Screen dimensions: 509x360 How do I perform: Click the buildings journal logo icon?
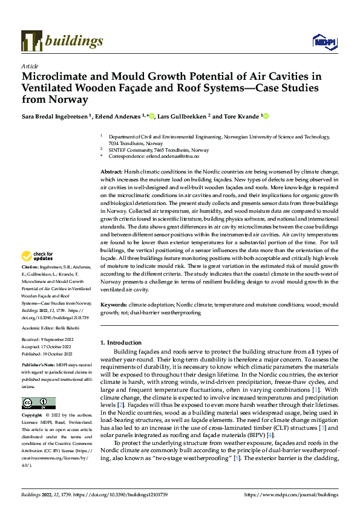click(31, 41)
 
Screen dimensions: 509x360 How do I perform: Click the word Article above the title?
click(29, 66)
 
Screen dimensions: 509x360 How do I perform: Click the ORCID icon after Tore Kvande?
click(265, 115)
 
